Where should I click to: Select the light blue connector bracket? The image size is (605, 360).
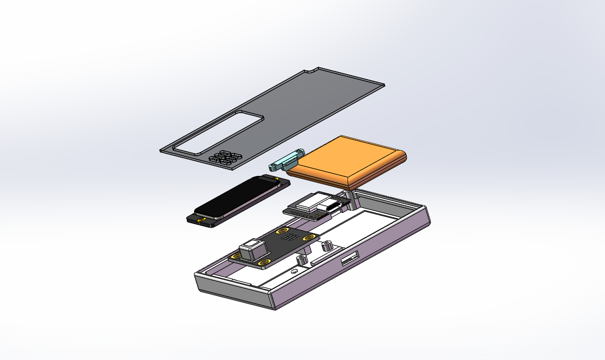coord(286,162)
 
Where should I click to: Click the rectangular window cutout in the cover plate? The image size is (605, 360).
coord(218,133)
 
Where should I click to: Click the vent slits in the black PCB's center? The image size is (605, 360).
coord(289,238)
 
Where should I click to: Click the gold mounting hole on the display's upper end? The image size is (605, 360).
coord(275,179)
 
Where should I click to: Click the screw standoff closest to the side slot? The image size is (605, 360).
coord(327,245)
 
